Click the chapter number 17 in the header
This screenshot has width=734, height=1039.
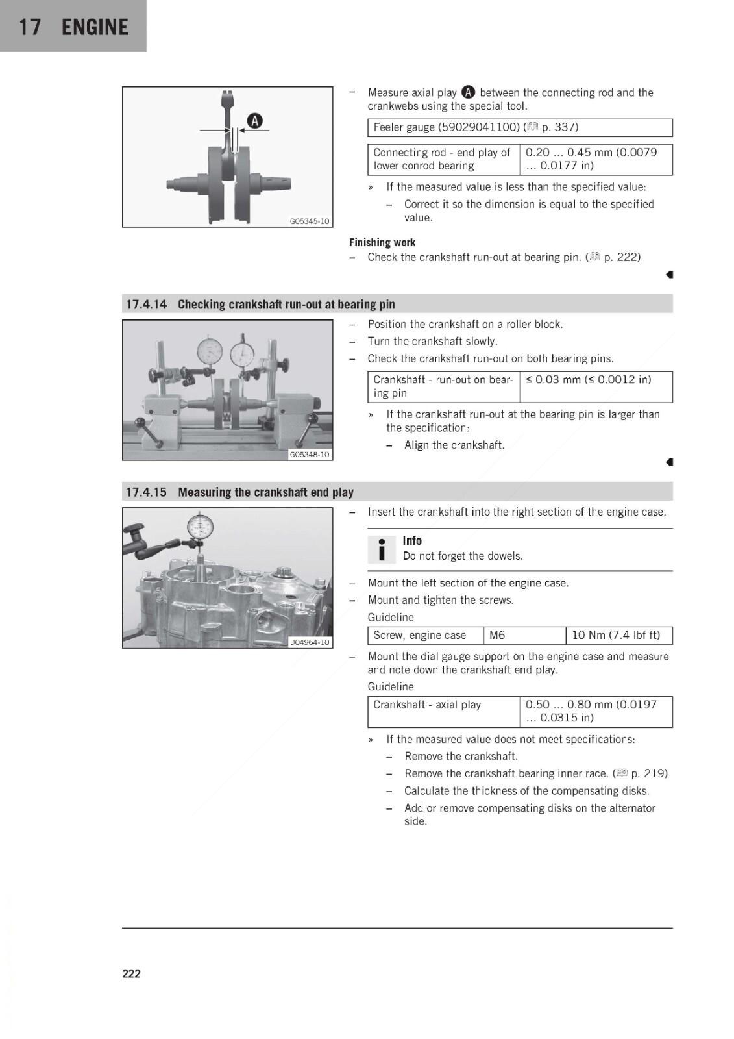click(30, 27)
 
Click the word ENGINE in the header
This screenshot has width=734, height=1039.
click(95, 27)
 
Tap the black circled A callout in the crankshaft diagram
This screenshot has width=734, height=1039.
click(254, 121)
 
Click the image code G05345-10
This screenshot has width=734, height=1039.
click(310, 221)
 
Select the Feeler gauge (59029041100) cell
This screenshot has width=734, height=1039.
click(520, 127)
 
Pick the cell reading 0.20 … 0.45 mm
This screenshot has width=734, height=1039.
click(596, 159)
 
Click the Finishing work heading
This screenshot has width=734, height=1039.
click(382, 242)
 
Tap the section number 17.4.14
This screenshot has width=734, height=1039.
click(147, 305)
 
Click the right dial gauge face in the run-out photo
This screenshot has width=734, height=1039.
click(242, 356)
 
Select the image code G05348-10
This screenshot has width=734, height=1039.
click(310, 455)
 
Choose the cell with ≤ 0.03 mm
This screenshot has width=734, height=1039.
click(596, 386)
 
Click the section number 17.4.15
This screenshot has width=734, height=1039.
click(147, 492)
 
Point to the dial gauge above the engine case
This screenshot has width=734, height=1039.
click(201, 527)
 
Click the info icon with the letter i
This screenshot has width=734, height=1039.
click(382, 549)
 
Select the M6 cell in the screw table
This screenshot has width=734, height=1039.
click(524, 636)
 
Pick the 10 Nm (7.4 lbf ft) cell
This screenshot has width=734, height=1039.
click(619, 636)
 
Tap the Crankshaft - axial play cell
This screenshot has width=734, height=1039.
click(444, 712)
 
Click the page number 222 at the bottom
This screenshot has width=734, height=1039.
click(131, 973)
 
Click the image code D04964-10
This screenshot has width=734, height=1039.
click(310, 642)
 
